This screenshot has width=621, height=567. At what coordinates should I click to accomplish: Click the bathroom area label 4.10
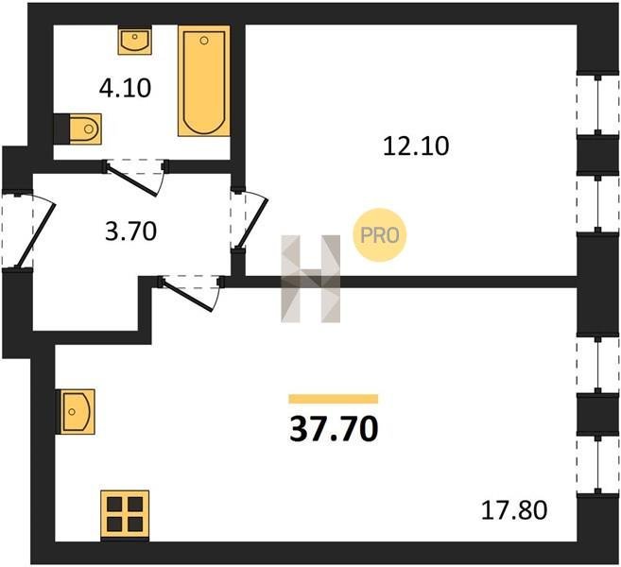tap(125, 88)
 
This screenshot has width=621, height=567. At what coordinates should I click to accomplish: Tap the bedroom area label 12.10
tap(416, 146)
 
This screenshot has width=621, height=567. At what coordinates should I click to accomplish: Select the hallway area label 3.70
tap(131, 232)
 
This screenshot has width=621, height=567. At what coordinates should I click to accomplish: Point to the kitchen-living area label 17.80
tap(514, 510)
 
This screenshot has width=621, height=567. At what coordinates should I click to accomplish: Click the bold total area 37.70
tap(334, 429)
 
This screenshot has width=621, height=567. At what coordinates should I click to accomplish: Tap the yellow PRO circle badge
tap(379, 235)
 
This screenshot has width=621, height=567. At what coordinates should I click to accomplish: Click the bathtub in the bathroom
tap(204, 80)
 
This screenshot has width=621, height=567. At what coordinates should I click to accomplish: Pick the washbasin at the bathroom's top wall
tap(134, 40)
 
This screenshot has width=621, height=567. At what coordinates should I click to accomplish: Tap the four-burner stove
tap(125, 515)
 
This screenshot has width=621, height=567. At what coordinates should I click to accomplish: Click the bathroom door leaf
tap(133, 180)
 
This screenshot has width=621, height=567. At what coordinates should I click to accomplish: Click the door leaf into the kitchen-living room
tap(188, 296)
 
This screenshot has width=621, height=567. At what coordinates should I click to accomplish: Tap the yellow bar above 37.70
tap(334, 399)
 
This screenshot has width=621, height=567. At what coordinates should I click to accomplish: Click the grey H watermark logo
tap(310, 279)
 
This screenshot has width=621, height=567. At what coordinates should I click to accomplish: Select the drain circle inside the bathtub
tap(204, 40)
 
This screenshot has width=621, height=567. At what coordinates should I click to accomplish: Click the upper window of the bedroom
tap(597, 105)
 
